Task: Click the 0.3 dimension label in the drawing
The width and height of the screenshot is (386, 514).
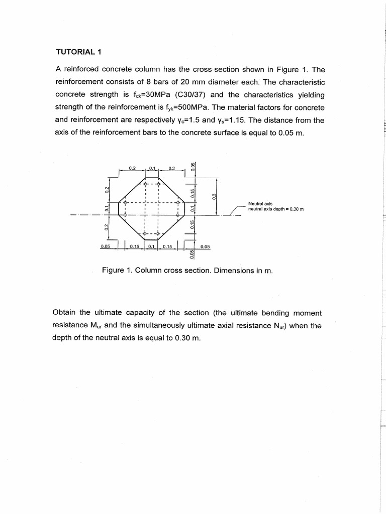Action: pos(213,196)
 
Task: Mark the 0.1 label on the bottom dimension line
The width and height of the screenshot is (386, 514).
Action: pos(151,246)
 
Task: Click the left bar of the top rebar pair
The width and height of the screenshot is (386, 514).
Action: pos(145,184)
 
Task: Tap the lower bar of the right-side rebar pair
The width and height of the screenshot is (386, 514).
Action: pos(177,215)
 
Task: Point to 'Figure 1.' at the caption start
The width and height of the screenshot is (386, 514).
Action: pos(117,270)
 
